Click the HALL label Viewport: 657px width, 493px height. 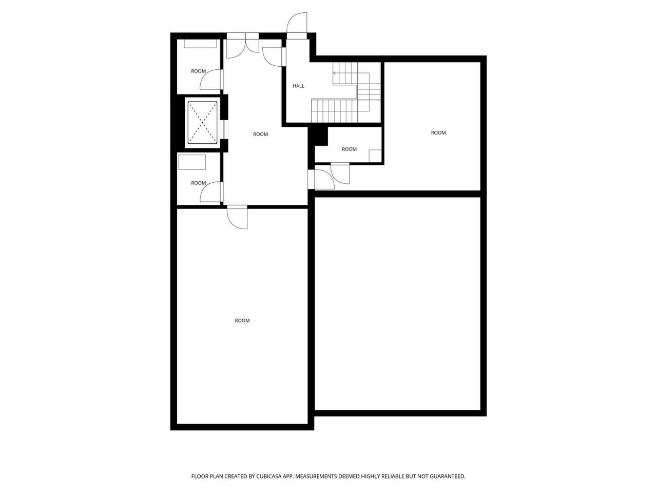click(298, 86)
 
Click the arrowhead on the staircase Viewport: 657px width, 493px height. click(335, 73)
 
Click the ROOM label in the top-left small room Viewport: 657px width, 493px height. click(198, 71)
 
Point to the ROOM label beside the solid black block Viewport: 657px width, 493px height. click(349, 149)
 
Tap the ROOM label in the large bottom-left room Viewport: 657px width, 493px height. click(242, 320)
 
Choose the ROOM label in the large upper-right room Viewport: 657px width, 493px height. click(438, 133)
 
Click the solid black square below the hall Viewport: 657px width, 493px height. click(318, 136)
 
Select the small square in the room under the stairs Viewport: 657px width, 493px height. click(375, 156)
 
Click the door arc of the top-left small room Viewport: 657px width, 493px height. click(209, 81)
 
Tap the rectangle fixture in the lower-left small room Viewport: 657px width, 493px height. click(192, 162)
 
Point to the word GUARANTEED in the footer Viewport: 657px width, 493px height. click(448, 477)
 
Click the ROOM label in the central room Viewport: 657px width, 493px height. click(260, 135)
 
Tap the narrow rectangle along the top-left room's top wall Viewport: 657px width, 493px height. click(200, 44)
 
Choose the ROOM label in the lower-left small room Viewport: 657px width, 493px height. click(198, 183)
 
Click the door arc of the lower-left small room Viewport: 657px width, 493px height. click(209, 193)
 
